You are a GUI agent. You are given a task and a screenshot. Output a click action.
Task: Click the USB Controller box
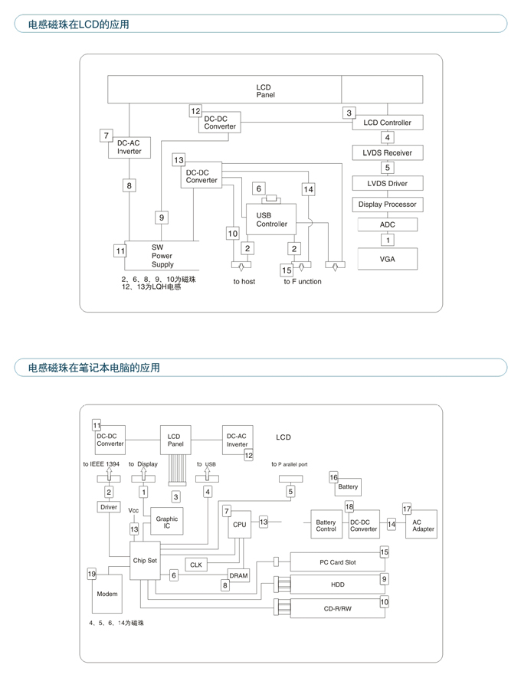(x=271, y=219)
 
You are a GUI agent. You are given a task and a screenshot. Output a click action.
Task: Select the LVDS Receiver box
(x=387, y=153)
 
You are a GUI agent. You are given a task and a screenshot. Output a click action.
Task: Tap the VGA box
(x=387, y=259)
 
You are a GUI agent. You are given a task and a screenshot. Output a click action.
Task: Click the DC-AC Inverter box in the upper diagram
(x=129, y=147)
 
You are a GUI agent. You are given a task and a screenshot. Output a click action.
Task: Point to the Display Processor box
(x=387, y=204)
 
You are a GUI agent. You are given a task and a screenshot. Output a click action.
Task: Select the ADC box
(x=387, y=224)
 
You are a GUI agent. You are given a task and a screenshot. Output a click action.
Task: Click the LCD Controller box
(x=387, y=123)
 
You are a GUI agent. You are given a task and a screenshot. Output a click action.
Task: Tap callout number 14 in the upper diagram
(x=308, y=189)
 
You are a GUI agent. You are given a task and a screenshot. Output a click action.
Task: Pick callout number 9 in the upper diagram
(x=162, y=218)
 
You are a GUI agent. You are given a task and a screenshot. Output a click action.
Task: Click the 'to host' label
(x=244, y=281)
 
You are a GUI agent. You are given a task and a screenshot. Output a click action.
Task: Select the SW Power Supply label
(x=162, y=256)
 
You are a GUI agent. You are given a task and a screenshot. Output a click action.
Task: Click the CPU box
(x=239, y=524)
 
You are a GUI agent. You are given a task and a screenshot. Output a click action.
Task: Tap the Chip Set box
(x=145, y=560)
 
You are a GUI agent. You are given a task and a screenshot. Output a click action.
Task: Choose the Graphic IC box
(x=167, y=522)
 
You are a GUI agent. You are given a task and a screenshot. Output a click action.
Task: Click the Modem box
(x=107, y=594)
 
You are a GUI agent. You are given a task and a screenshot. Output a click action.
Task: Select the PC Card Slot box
(x=338, y=562)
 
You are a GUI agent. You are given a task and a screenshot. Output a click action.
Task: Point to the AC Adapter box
(x=421, y=525)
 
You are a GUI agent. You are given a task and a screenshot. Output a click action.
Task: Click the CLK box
(x=196, y=565)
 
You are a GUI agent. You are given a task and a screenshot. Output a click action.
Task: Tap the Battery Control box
(x=326, y=525)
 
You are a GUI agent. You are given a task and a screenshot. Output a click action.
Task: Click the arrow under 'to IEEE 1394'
(x=109, y=474)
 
